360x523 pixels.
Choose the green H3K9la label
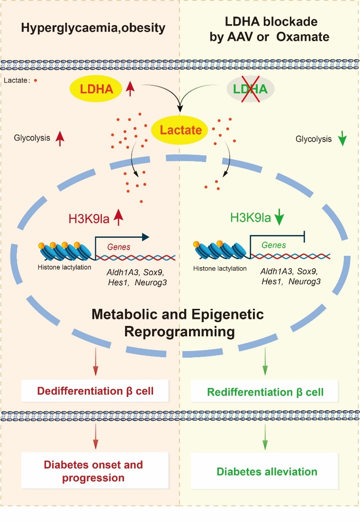(x=251, y=218)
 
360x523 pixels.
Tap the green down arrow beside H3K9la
(x=279, y=218)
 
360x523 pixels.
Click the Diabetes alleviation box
(x=267, y=471)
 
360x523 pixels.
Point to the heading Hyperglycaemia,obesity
(x=93, y=28)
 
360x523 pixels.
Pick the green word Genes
(x=274, y=245)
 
